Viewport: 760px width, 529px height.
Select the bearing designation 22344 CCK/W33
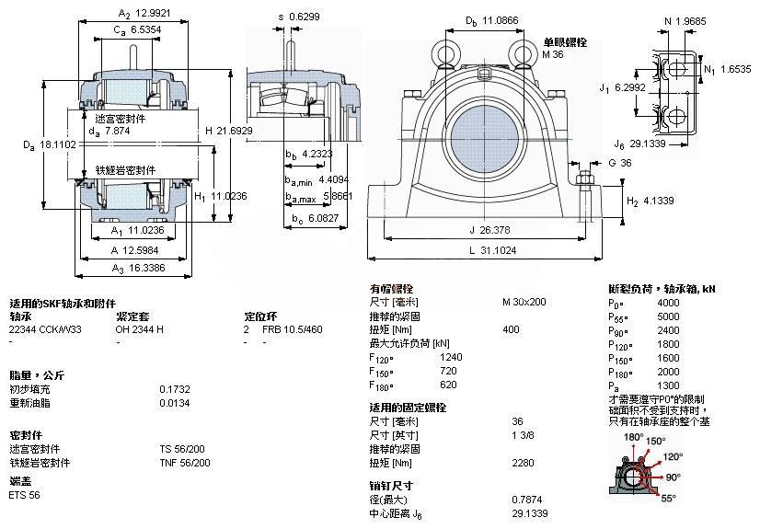(x=43, y=328)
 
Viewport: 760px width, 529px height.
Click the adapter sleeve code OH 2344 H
(x=140, y=328)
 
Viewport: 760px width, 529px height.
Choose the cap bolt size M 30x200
(x=524, y=302)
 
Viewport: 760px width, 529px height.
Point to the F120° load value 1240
(x=451, y=357)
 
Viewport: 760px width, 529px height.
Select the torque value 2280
(x=523, y=463)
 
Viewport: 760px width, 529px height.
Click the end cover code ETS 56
(x=25, y=495)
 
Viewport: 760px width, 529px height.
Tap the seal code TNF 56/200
(x=185, y=463)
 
